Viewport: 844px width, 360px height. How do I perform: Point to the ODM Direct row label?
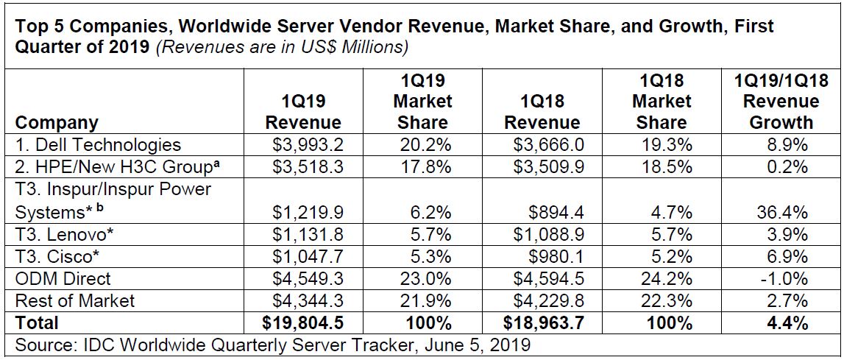(x=63, y=278)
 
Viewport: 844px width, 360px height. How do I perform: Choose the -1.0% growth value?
(x=785, y=278)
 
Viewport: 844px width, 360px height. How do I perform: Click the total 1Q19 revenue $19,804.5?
(x=303, y=322)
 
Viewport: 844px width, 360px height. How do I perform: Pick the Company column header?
(x=57, y=122)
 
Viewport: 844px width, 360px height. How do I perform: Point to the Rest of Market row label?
(x=75, y=300)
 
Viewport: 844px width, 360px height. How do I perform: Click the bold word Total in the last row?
(x=37, y=322)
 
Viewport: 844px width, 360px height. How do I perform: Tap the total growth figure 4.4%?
(x=787, y=322)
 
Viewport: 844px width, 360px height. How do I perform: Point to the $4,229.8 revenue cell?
(x=545, y=300)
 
